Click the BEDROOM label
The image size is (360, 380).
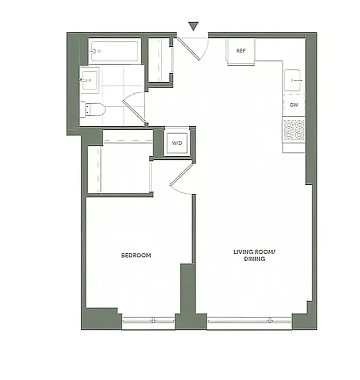136,256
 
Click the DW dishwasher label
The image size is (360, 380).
294,105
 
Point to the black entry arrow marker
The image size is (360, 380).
193,26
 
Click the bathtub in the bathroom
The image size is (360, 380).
114,51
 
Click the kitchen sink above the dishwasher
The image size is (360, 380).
294,81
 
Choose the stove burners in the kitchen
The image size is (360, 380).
294,130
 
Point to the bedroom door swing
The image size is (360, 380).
181,179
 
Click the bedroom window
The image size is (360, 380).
148,321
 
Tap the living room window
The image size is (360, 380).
249,321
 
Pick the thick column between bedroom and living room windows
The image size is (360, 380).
188,294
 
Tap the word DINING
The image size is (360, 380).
255,259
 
